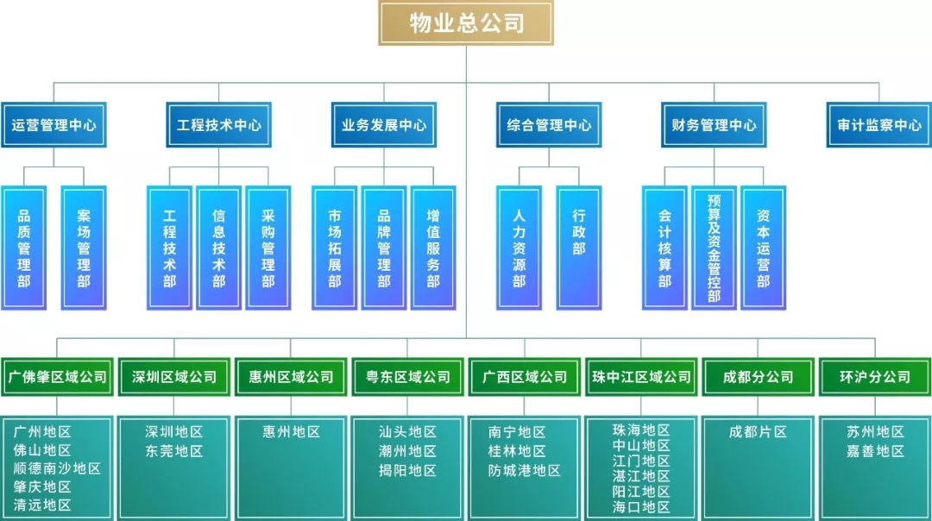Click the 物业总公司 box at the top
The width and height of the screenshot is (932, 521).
pos(466,23)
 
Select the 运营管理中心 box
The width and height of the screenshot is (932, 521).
pos(54,125)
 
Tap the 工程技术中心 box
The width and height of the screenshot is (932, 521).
pos(218,125)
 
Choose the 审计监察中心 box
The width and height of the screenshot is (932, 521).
pos(878,125)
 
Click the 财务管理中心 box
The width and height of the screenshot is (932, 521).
pos(714,125)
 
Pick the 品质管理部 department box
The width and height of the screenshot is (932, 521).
pos(24,248)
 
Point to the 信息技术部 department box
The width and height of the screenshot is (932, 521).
pos(218,248)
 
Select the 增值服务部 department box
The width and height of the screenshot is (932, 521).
pos(433,248)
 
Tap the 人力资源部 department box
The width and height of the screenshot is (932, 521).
pos(519,248)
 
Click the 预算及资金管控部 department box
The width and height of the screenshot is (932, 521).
pos(714,248)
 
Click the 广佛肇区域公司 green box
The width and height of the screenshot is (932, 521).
pos(58,377)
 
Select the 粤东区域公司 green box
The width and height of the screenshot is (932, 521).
pos(407,377)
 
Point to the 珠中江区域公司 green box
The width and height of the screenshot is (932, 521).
pos(641,377)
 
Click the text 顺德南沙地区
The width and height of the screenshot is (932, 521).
pos(57,469)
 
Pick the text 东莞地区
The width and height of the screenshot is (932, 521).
pos(173,451)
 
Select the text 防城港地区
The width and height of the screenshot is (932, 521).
pos(525,471)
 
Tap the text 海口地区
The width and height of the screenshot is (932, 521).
pos(641,506)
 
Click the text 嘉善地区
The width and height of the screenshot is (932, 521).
pos(875,451)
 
